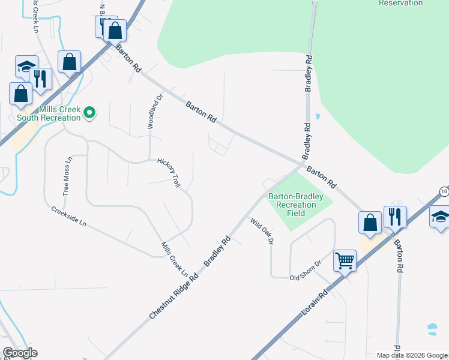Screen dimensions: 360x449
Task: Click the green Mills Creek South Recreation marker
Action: pos(89,112)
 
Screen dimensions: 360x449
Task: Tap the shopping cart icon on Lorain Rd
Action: pos(345,261)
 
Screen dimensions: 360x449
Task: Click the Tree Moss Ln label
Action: pos(68,176)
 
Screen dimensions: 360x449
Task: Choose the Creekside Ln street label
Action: pos(69,216)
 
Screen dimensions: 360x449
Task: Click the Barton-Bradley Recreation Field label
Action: pos(295,205)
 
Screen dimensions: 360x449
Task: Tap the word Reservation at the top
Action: pos(400,3)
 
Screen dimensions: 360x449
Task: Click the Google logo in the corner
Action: pos(19,352)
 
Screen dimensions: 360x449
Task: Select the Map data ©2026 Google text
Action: pos(411,355)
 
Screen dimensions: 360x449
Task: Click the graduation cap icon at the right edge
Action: pos(440,217)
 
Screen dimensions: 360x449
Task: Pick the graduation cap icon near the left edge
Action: pos(26,65)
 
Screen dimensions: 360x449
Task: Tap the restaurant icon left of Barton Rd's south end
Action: pos(394,217)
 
